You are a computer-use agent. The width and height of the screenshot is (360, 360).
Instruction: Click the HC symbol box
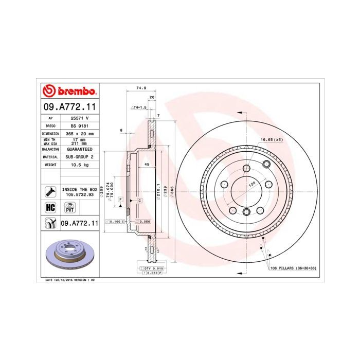pos(51,207)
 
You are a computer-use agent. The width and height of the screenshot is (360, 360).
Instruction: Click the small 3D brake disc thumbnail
pos(69,256)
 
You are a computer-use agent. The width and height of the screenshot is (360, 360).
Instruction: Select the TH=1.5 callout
pos(139,107)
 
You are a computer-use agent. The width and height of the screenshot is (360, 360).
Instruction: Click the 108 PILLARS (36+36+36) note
pos(292,268)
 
